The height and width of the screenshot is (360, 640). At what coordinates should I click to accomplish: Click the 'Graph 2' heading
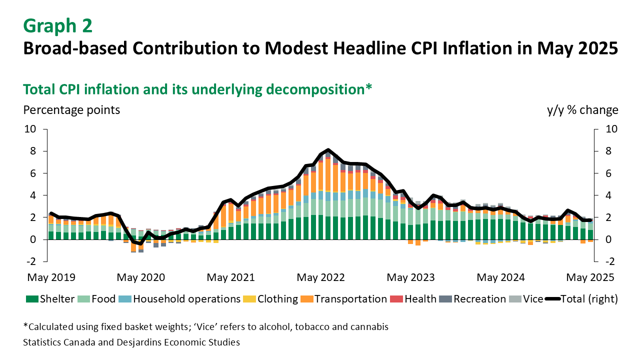coord(57,25)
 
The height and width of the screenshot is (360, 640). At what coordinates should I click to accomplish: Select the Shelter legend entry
coord(50,299)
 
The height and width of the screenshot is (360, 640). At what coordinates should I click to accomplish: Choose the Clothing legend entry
coord(270,299)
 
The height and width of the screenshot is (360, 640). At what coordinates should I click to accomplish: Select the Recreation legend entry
coord(473,299)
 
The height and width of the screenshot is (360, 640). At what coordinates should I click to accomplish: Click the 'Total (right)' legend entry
coord(581,299)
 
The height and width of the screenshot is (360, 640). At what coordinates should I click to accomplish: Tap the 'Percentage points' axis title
coord(71,110)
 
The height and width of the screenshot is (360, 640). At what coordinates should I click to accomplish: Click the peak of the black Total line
coord(328,150)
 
